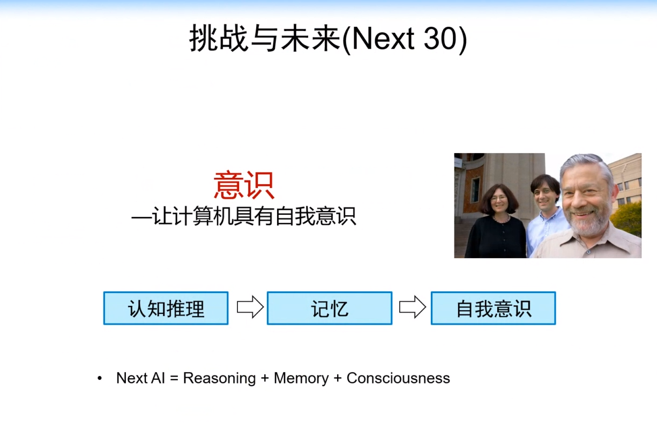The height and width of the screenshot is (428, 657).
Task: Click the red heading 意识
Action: (244, 186)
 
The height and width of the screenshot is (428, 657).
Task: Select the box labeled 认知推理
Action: (166, 308)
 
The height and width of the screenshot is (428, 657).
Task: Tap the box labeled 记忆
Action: (330, 308)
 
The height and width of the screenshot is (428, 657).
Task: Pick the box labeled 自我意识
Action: (493, 308)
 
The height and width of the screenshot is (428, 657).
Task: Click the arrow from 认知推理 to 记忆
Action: (250, 307)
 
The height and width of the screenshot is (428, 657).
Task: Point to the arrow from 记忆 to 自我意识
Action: (412, 307)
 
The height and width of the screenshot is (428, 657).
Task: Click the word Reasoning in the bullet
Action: (219, 378)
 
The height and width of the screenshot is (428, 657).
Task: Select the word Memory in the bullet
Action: (301, 378)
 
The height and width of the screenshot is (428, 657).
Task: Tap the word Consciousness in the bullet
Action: (398, 378)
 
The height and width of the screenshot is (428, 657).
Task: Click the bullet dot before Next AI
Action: (100, 379)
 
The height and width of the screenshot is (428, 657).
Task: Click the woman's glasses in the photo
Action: (498, 198)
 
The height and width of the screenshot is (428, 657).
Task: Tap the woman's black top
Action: (496, 238)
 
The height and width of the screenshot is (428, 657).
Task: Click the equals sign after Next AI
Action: (174, 379)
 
